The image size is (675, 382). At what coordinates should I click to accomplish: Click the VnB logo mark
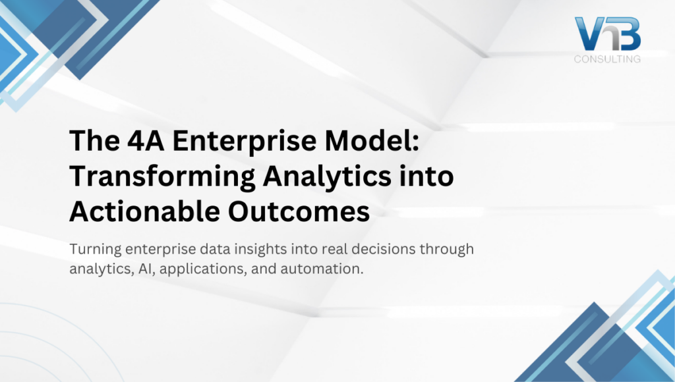606,34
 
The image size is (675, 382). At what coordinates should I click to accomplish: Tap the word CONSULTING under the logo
607,60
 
